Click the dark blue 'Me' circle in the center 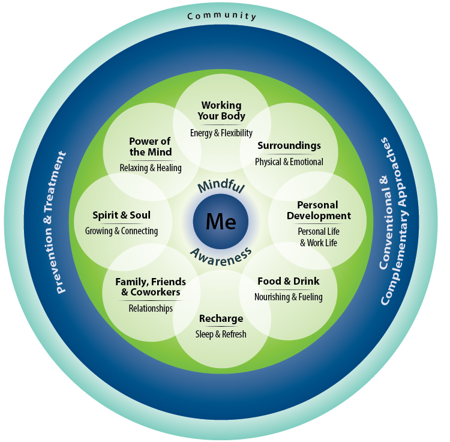221,221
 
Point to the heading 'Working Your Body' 221,111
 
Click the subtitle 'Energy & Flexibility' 221,133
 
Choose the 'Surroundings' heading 289,146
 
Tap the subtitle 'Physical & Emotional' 289,162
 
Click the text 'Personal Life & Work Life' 318,237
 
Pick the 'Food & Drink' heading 288,281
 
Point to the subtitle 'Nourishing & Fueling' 288,297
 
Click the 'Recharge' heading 221,318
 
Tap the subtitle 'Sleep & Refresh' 221,334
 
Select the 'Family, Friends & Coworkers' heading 151,287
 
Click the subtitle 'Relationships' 151,308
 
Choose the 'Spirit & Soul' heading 121,215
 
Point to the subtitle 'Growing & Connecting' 121,231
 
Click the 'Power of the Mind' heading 151,147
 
